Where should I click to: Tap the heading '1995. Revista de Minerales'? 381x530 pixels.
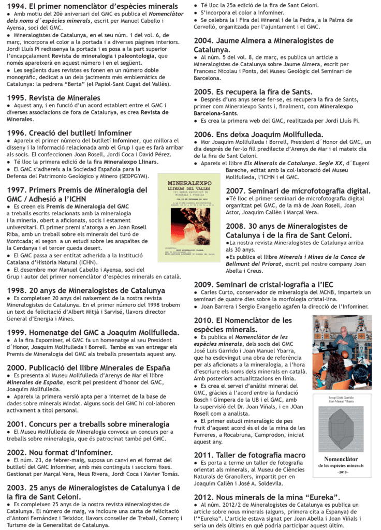[54, 98]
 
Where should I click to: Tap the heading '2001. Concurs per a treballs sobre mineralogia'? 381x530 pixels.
[88, 424]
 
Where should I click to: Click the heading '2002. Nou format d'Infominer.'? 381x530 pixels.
[60, 452]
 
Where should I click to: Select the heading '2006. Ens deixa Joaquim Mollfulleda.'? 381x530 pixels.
[258, 134]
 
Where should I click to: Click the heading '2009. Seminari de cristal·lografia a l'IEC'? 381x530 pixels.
[267, 284]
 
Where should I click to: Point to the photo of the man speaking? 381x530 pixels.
[341, 351]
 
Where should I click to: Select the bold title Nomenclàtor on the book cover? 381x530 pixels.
[341, 459]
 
